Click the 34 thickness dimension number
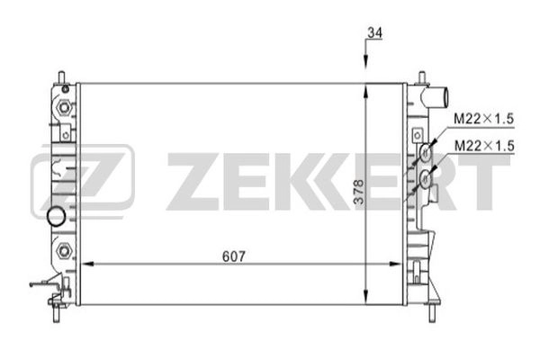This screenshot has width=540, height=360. click(375, 33)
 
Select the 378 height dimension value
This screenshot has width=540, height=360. click(359, 193)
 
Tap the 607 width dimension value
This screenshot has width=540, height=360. click(234, 256)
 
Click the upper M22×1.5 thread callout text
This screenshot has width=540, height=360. click(484, 119)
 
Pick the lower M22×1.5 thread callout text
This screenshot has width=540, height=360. click(484, 146)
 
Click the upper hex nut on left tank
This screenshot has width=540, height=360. click(64, 107)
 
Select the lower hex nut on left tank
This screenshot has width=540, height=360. click(64, 250)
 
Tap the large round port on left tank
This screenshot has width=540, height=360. click(56, 217)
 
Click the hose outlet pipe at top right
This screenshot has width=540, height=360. click(436, 96)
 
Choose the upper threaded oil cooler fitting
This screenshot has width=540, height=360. click(426, 151)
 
